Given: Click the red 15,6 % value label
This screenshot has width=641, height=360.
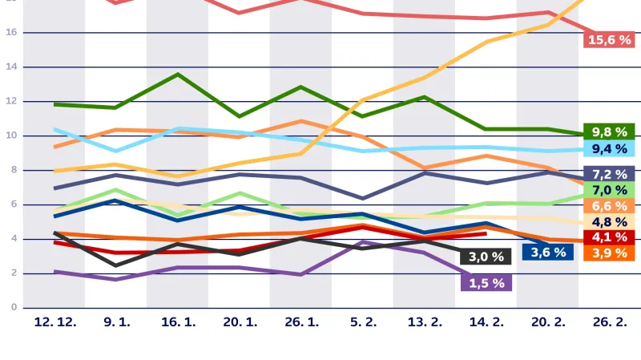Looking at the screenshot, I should pos(609,40).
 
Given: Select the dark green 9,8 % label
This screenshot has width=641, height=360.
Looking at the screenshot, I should pos(609,131).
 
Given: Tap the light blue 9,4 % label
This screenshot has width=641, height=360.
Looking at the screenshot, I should pos(609,148).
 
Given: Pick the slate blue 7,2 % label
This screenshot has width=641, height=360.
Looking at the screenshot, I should pos(609,174).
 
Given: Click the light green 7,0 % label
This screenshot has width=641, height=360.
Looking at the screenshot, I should pos(609,190).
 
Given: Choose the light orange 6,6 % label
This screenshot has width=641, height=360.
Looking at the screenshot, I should pos(609,206).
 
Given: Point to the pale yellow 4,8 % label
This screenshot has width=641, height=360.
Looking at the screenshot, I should pos(609,222).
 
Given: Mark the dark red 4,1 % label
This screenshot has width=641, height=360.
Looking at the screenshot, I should pos(609,237).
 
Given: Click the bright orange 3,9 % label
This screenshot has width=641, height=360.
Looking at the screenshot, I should pos(609,253).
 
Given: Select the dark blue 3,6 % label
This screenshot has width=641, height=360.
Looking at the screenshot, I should pos(548,252).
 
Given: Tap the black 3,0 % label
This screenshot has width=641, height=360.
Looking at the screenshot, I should pos(486,257).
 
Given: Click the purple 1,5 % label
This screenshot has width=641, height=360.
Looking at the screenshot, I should pos(486,282).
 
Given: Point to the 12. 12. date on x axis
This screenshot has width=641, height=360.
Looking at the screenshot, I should pos(54,322).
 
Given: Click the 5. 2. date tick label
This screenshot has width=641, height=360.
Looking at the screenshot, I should pos(363,322).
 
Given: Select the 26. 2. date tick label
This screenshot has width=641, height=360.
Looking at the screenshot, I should pos(609,322).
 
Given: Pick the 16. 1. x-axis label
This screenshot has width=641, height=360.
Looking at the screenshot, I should pos(178,322).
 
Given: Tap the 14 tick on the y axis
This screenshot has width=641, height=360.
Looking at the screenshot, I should pos(12,67).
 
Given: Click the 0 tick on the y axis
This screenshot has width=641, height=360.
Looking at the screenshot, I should pos(12,308).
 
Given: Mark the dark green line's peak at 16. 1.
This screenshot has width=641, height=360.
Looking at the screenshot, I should pos(178,75).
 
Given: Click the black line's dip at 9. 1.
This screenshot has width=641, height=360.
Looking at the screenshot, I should pos(116,265).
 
